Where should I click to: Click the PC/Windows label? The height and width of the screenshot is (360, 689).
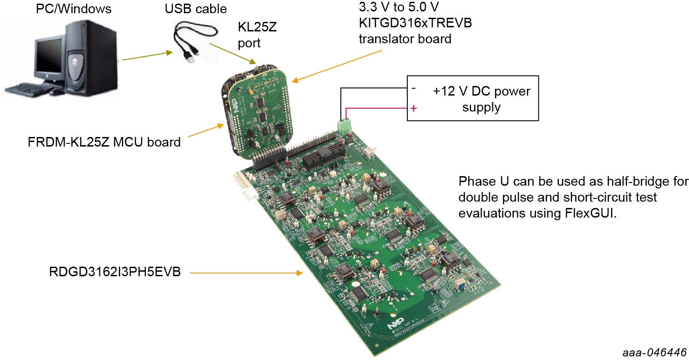pyautogui.click(x=74, y=9)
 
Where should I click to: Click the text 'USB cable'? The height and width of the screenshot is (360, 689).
pyautogui.click(x=196, y=9)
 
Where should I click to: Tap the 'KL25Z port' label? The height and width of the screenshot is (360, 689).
pyautogui.click(x=257, y=35)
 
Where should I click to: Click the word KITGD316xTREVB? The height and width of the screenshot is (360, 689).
pyautogui.click(x=415, y=23)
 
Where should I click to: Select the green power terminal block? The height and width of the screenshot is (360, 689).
pyautogui.click(x=344, y=126)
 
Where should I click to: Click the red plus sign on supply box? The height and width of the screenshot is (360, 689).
pyautogui.click(x=414, y=108)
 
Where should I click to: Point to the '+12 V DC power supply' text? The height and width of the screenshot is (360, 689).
pyautogui.click(x=481, y=99)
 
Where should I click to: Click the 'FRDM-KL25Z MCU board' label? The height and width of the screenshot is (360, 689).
pyautogui.click(x=104, y=142)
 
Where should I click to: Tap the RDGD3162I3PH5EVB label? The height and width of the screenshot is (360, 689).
pyautogui.click(x=115, y=272)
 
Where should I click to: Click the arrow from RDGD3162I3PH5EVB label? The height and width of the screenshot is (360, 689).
pyautogui.click(x=246, y=273)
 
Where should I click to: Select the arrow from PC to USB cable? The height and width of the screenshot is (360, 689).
pyautogui.click(x=147, y=56)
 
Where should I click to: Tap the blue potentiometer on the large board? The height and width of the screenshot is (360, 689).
pyautogui.click(x=460, y=284)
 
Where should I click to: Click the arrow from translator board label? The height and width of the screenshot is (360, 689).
pyautogui.click(x=336, y=66)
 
